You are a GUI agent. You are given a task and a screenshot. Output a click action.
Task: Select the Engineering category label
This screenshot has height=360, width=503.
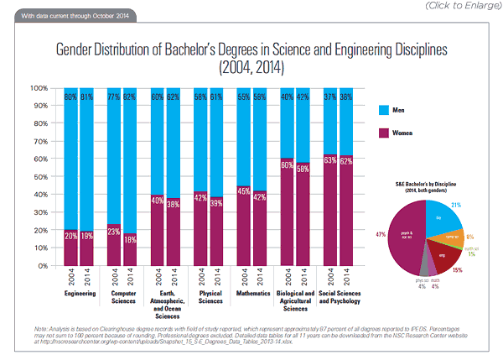pos(80,295)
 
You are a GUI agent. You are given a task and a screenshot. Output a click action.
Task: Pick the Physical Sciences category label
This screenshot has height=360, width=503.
pos(207,299)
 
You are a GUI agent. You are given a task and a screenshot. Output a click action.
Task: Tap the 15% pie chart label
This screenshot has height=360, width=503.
pos(457,270)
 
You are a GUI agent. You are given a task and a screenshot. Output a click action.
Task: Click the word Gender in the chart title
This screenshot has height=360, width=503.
pos(79,50)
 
